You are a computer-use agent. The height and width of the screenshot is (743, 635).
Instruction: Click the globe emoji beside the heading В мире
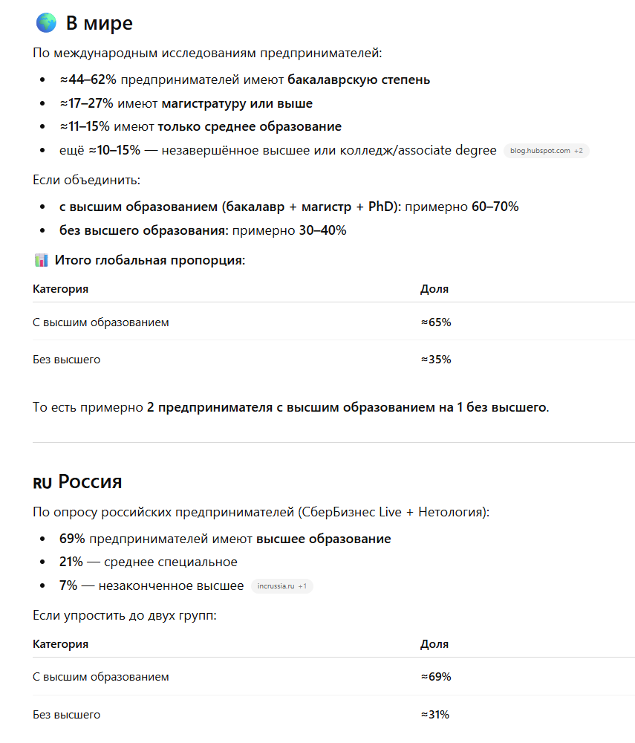pos(46,23)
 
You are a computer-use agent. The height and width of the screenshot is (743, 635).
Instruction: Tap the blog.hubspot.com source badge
pos(546,151)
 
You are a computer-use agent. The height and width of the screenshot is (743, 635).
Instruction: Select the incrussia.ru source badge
pos(282,586)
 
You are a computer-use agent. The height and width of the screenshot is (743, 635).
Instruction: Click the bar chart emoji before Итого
pos(41,260)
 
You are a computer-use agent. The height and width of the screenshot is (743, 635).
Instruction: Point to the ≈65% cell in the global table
pos(436,322)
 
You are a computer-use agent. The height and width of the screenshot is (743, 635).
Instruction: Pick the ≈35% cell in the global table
pos(436,360)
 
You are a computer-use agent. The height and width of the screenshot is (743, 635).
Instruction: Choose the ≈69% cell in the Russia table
pos(436,677)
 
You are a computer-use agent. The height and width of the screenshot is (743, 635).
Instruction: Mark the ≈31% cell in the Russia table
pos(435,715)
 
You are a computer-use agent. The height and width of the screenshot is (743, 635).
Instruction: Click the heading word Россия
pos(90,481)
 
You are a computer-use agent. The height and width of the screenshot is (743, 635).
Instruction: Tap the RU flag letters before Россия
pos(42,483)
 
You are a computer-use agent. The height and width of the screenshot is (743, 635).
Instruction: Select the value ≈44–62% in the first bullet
pos(88,80)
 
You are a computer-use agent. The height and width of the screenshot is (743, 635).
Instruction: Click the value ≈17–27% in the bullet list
pos(87,103)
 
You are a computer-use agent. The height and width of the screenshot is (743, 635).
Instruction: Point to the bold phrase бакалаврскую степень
pos(359,80)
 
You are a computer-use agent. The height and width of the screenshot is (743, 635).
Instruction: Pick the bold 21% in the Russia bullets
pos(71,562)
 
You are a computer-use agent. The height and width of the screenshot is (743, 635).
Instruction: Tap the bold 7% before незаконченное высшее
pos(68,585)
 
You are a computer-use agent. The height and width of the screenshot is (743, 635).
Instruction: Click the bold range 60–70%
pos(495,207)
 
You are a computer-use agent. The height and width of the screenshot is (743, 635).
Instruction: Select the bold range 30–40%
pos(322,230)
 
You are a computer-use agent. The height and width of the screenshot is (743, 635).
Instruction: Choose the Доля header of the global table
pos(434,289)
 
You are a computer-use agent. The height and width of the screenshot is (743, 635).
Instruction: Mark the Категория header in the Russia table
pos(60,644)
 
